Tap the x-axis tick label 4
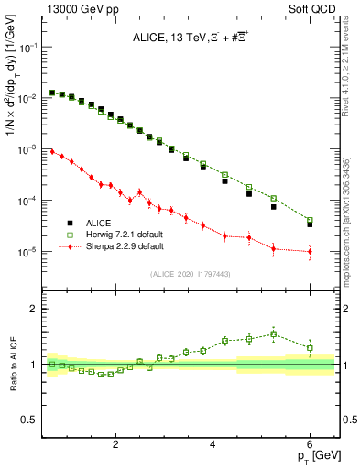213,446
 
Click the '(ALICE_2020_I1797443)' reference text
191,274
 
